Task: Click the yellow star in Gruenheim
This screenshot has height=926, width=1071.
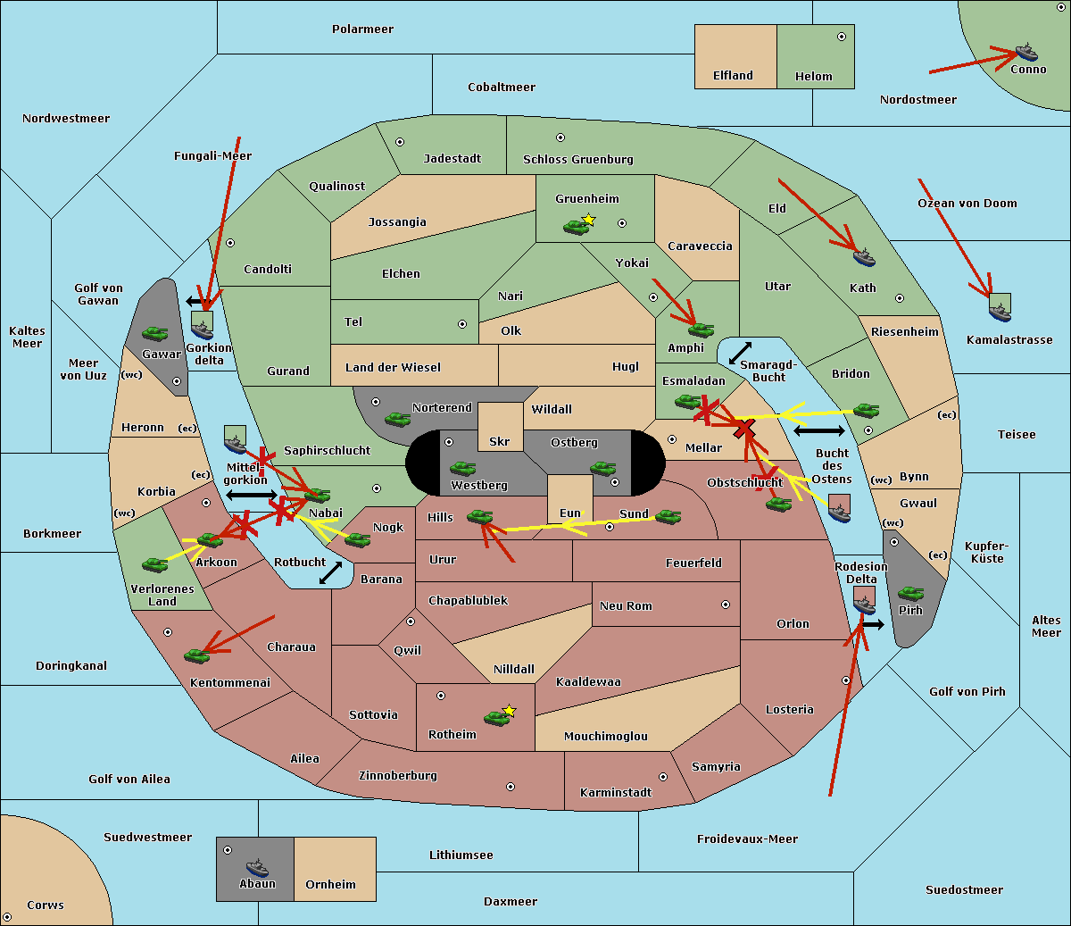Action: tap(589, 220)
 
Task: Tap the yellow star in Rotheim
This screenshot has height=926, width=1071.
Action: tap(510, 710)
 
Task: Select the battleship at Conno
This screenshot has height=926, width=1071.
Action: tap(1025, 53)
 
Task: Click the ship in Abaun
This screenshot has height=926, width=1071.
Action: tap(258, 868)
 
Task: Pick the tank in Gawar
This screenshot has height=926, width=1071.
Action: tap(155, 334)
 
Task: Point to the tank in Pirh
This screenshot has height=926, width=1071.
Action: tap(910, 594)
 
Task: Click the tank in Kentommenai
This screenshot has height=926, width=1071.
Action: tap(197, 656)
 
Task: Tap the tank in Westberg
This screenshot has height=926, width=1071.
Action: tap(462, 469)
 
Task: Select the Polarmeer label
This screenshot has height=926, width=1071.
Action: tap(362, 29)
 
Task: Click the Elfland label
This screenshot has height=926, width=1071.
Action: tap(733, 76)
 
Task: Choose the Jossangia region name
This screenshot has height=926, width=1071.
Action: tap(397, 222)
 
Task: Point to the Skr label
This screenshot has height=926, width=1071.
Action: tap(500, 441)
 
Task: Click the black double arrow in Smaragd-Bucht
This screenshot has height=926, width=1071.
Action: tap(740, 353)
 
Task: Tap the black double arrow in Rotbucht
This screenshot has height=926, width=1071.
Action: tap(330, 573)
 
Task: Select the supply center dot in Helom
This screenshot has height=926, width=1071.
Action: tap(842, 37)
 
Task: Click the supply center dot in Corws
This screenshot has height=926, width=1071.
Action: tap(7, 917)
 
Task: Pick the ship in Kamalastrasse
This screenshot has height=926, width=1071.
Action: tap(1000, 313)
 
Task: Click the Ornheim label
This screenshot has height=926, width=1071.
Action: tap(330, 884)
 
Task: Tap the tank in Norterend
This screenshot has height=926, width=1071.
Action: tap(397, 420)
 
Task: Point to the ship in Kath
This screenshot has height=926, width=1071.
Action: tap(864, 257)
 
